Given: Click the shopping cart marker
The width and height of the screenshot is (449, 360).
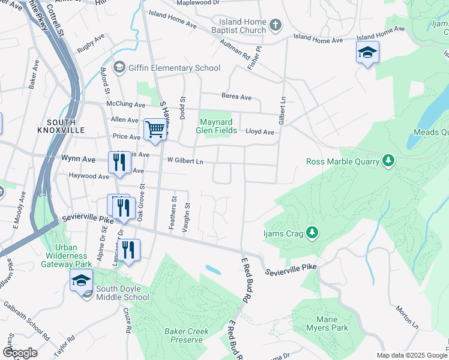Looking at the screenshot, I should point(155,129).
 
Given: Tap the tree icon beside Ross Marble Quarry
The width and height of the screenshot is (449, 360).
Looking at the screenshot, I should point(389,161).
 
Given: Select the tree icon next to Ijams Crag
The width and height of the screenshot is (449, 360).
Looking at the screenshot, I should point(312,232).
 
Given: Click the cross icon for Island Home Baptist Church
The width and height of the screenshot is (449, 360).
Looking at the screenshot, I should point(276,25).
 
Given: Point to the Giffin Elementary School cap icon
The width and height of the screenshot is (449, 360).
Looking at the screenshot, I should point(119,67).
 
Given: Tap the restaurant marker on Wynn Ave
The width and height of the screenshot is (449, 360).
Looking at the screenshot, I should point(119,162).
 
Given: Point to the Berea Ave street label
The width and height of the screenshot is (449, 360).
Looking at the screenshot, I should point(237,97).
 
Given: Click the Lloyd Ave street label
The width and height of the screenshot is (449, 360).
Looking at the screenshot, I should point(260,132).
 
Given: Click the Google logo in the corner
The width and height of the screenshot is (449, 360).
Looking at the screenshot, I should point(20,353).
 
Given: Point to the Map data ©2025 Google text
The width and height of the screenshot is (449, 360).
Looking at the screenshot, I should point(411,355).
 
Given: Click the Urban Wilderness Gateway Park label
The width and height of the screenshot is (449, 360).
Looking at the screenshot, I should point(74,256).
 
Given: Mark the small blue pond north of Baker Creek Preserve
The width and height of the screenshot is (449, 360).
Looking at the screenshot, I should point(212,269).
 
